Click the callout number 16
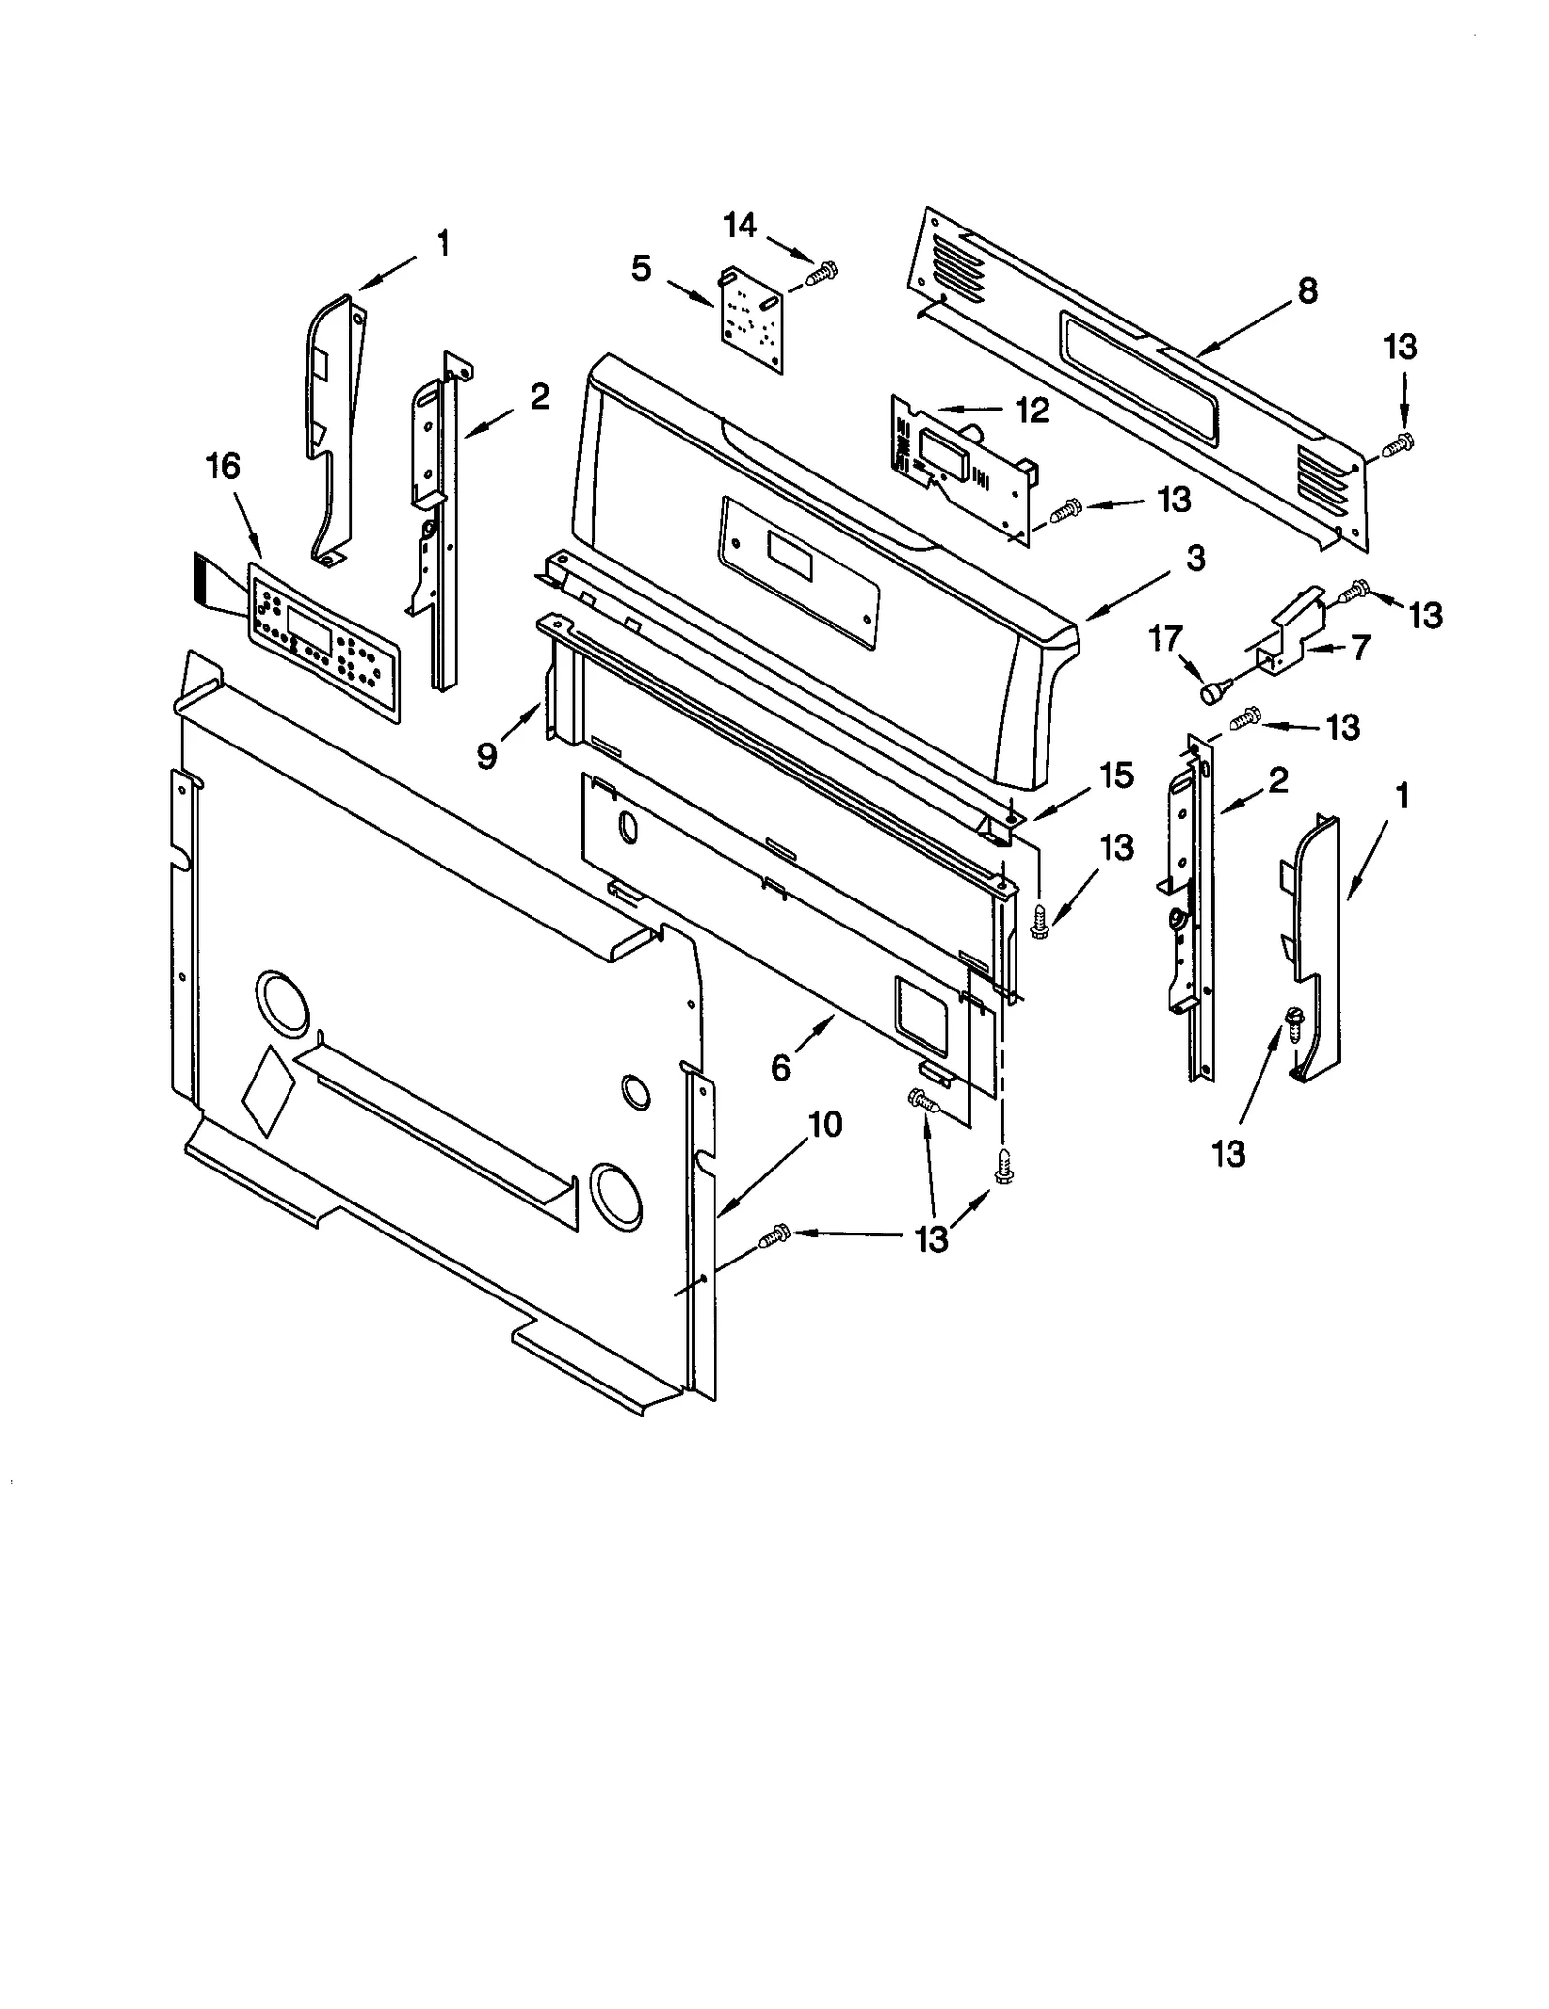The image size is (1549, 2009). [223, 467]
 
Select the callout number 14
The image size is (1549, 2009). [740, 226]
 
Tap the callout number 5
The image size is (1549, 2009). [641, 268]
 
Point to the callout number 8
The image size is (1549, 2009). [1307, 290]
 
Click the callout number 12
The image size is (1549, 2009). [1033, 411]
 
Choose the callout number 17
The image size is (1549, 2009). [1166, 639]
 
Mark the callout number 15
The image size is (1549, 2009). [1115, 776]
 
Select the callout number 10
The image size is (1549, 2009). [826, 1124]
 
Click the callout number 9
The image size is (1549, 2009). [487, 755]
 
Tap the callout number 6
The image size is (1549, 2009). [781, 1067]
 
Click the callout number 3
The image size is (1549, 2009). [1196, 559]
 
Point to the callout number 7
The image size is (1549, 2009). [1361, 648]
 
